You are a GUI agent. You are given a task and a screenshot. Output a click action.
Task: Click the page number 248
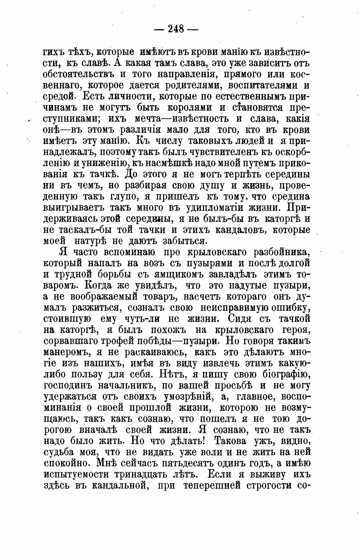176,29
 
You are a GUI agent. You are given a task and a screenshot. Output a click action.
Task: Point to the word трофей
139,341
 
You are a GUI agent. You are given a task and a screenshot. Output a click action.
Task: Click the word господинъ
67,386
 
